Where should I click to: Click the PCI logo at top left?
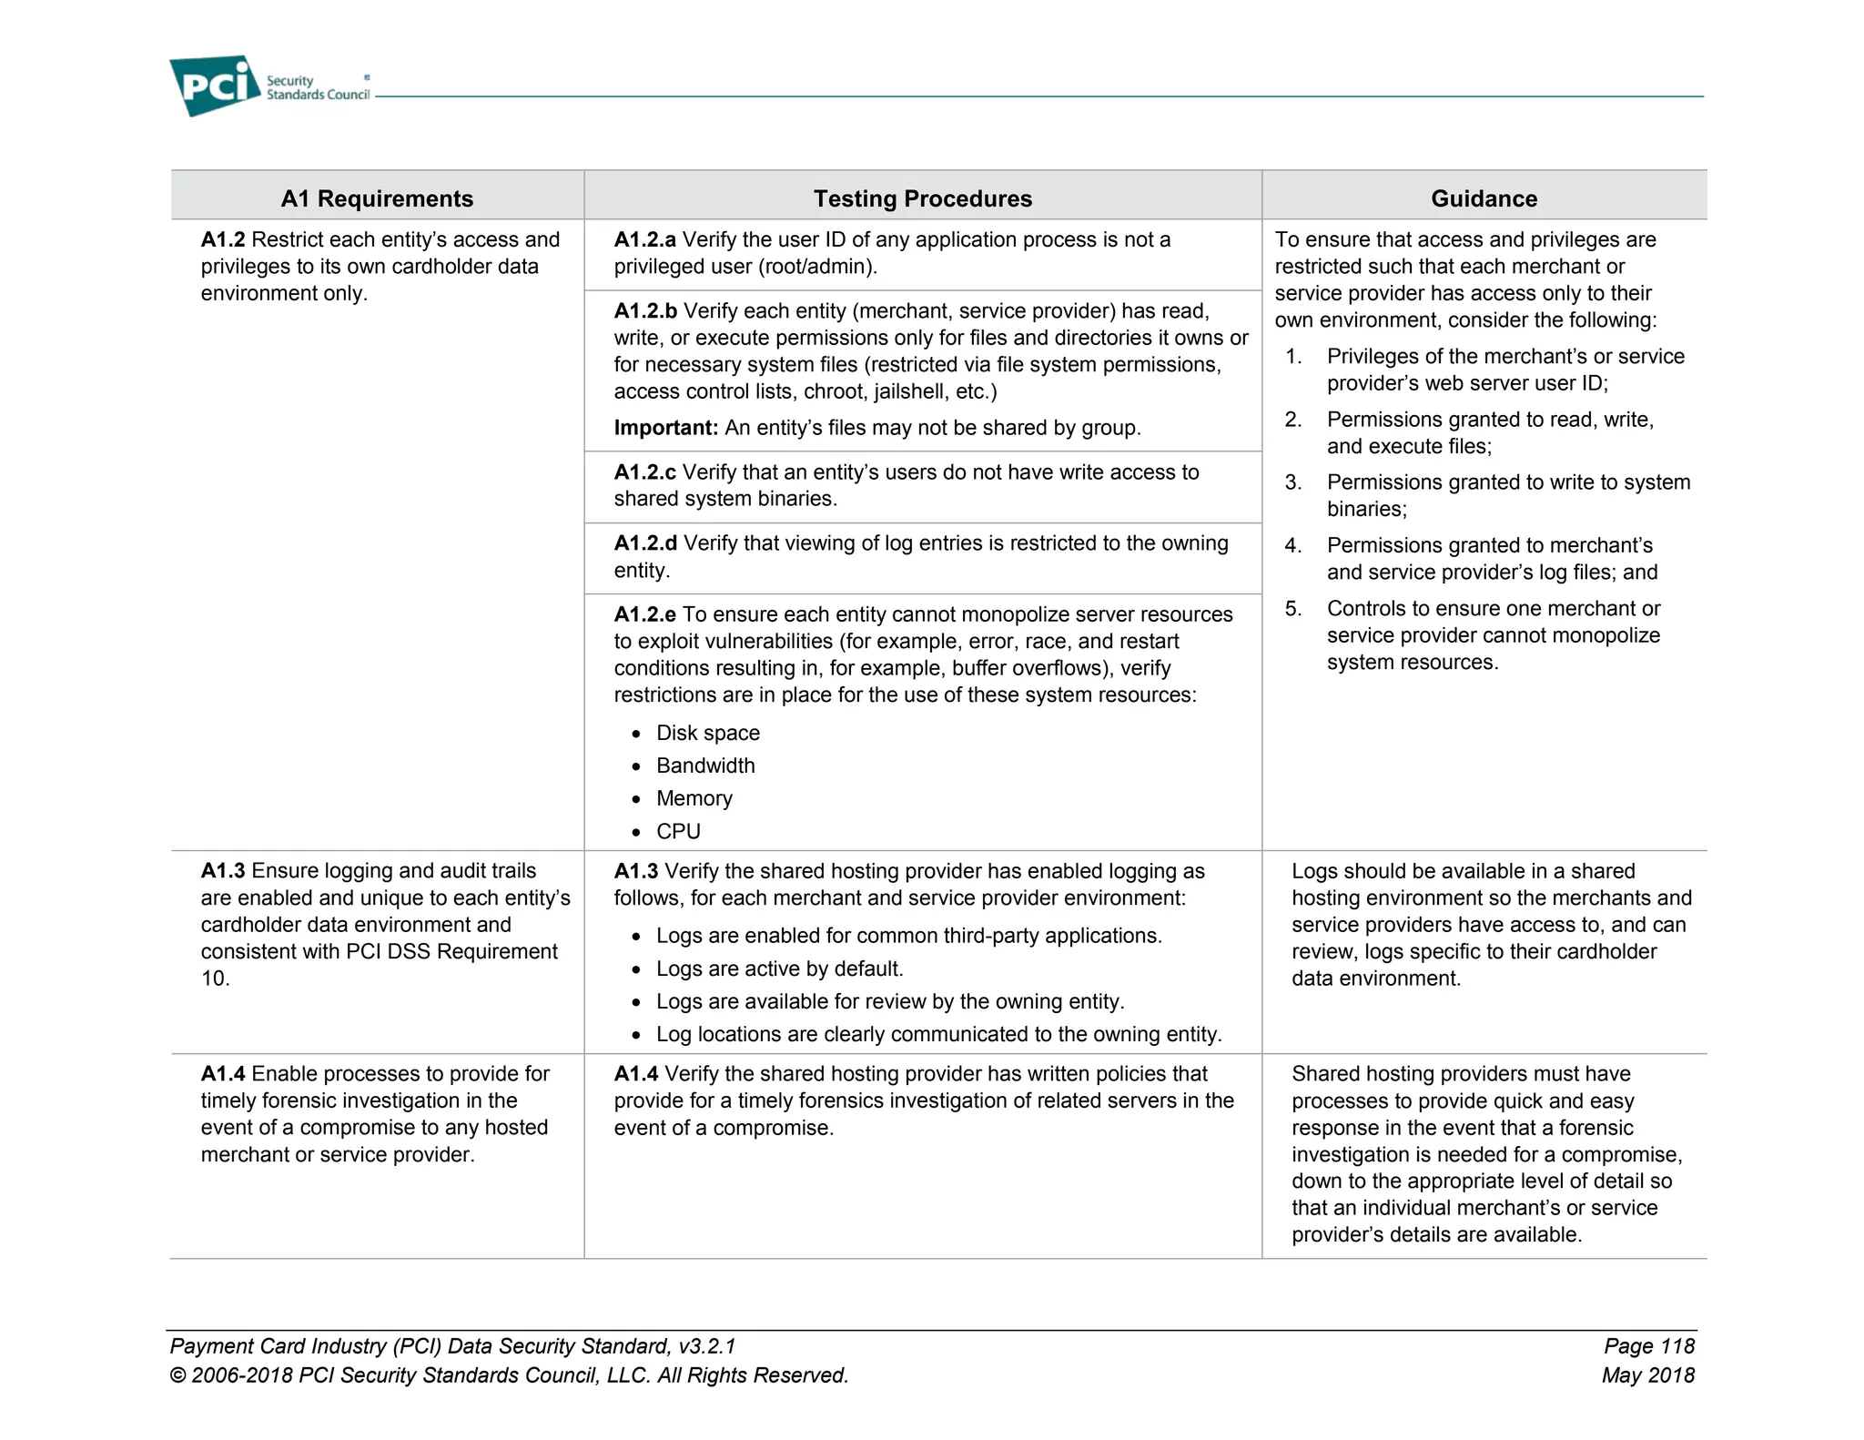pyautogui.click(x=216, y=86)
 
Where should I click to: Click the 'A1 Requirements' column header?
pyautogui.click(x=377, y=198)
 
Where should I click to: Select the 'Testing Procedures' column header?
pyautogui.click(x=922, y=198)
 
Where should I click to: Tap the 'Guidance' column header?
pyautogui.click(x=1484, y=198)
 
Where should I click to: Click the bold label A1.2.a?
pyautogui.click(x=644, y=239)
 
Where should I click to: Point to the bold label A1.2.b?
pyautogui.click(x=645, y=311)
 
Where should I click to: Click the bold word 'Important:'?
pyautogui.click(x=665, y=428)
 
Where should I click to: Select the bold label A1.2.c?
pyautogui.click(x=644, y=472)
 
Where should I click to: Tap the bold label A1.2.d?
pyautogui.click(x=645, y=543)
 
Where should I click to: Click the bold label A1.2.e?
pyautogui.click(x=644, y=614)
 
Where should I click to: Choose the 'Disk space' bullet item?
pyautogui.click(x=707, y=733)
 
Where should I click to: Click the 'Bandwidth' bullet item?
pyautogui.click(x=705, y=766)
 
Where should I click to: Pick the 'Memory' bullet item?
pyautogui.click(x=694, y=798)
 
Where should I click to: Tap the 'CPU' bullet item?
pyautogui.click(x=678, y=831)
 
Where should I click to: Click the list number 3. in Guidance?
pyautogui.click(x=1293, y=482)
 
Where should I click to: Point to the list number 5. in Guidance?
pyautogui.click(x=1293, y=609)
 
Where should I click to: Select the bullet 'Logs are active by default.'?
pyautogui.click(x=779, y=968)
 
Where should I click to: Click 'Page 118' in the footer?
pyautogui.click(x=1648, y=1346)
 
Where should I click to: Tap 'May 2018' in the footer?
pyautogui.click(x=1647, y=1375)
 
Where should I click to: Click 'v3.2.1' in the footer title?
pyautogui.click(x=706, y=1346)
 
